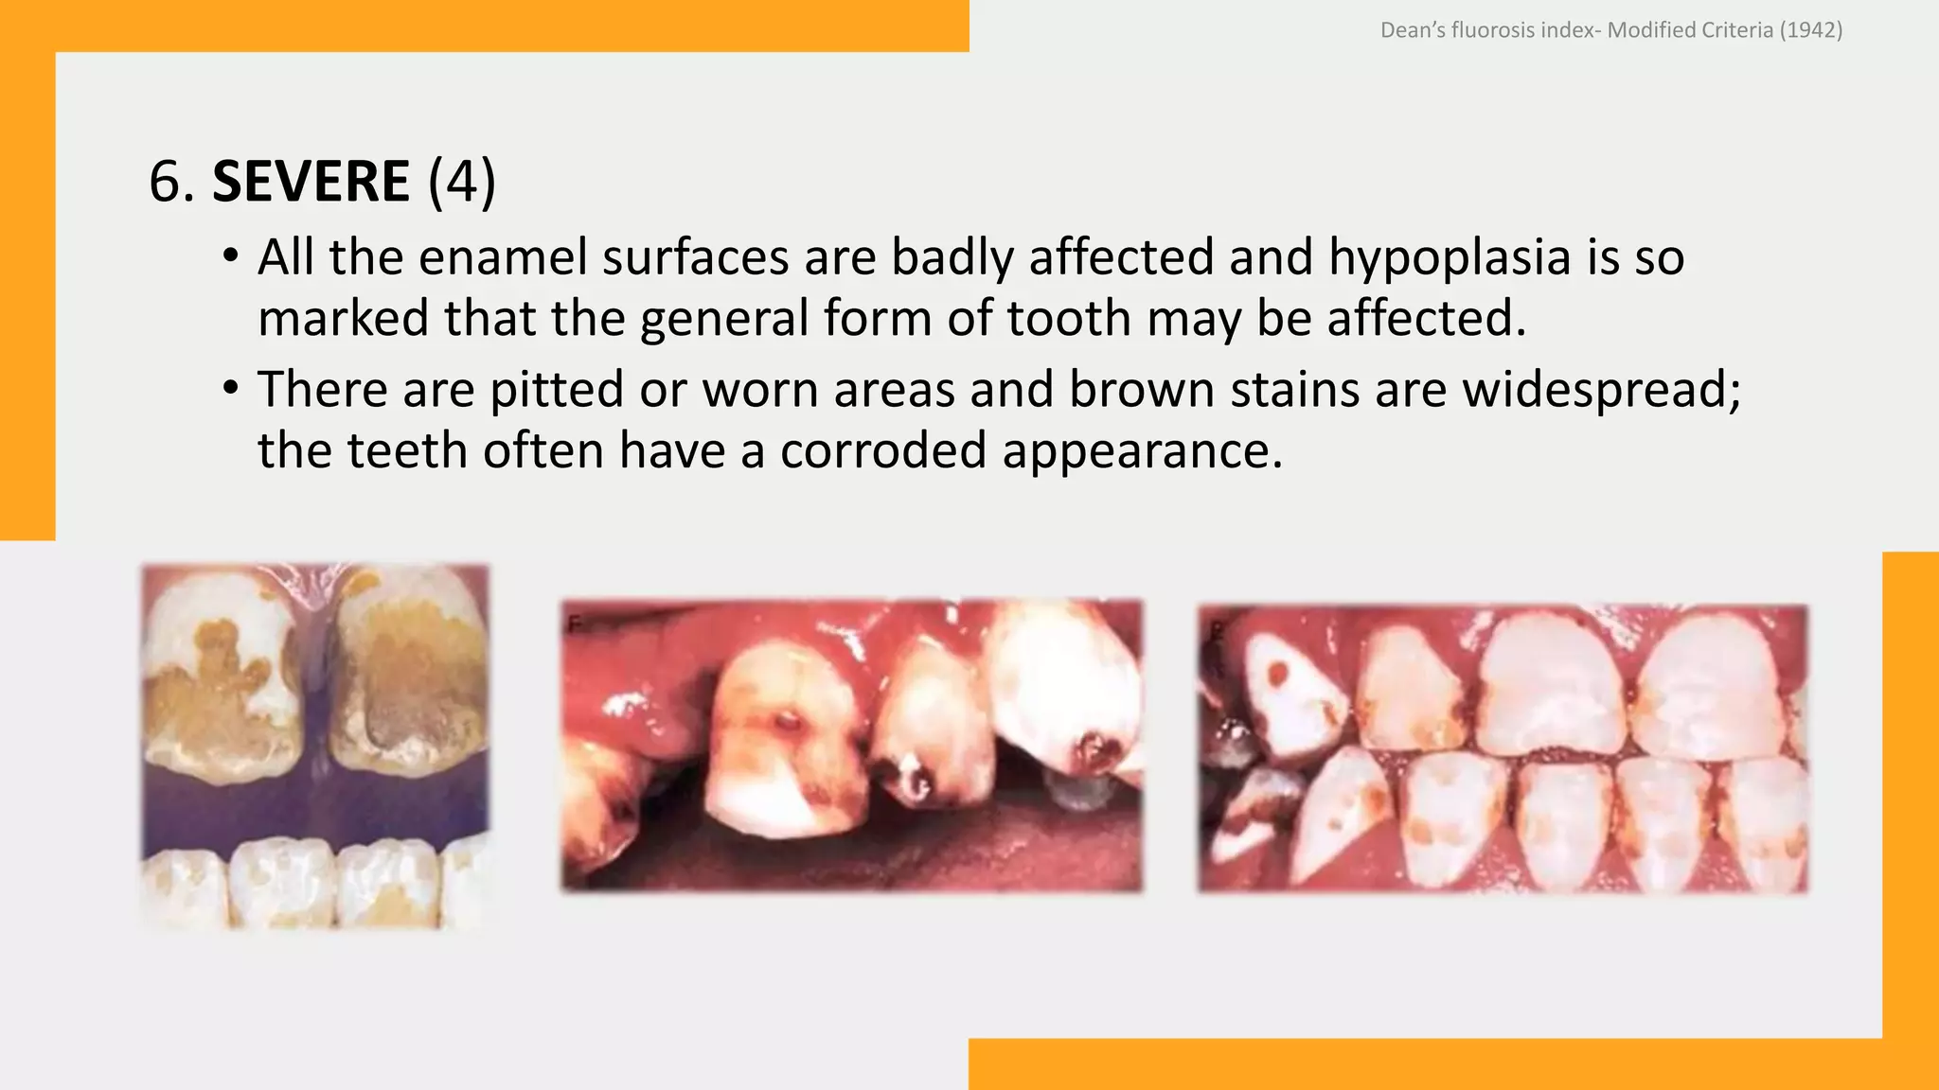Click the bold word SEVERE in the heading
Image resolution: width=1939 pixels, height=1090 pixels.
tap(311, 181)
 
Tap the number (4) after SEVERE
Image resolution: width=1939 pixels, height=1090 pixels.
tap(462, 181)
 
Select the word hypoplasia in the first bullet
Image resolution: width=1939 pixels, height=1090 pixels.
tap(1450, 257)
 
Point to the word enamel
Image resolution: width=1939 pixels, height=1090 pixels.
tap(502, 257)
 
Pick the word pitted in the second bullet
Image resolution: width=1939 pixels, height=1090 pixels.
tap(557, 390)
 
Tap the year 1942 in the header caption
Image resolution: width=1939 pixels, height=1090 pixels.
tap(1810, 30)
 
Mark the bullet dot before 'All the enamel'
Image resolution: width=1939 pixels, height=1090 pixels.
tap(230, 257)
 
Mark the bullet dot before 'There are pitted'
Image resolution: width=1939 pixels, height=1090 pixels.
tap(230, 390)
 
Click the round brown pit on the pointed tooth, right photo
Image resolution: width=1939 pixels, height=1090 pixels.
tap(1278, 674)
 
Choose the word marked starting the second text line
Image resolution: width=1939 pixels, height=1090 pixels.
tap(344, 319)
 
